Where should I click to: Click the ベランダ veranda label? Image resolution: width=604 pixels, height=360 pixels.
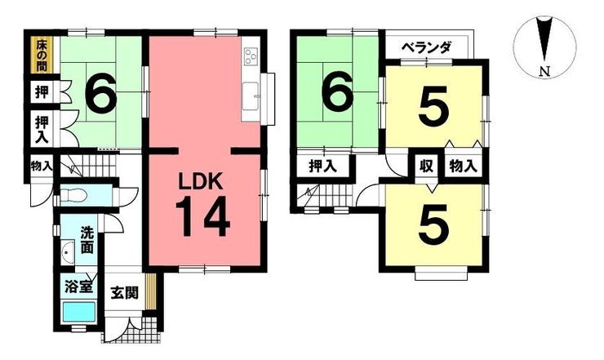point(426,48)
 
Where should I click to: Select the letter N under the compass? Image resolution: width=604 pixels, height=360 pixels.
point(544,71)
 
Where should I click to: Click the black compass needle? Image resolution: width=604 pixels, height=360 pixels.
point(544,41)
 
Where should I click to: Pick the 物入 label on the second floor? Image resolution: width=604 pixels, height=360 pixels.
point(462,167)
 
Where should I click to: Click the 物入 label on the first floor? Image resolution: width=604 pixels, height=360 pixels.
point(42,166)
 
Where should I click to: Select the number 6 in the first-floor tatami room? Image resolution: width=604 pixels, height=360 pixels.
point(101,95)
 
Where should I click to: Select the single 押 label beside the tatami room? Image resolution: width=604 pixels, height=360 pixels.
point(42,92)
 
